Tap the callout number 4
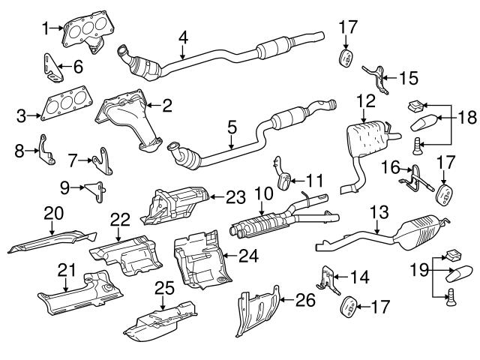pyautogui.click(x=183, y=37)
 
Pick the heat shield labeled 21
pyautogui.click(x=82, y=294)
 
